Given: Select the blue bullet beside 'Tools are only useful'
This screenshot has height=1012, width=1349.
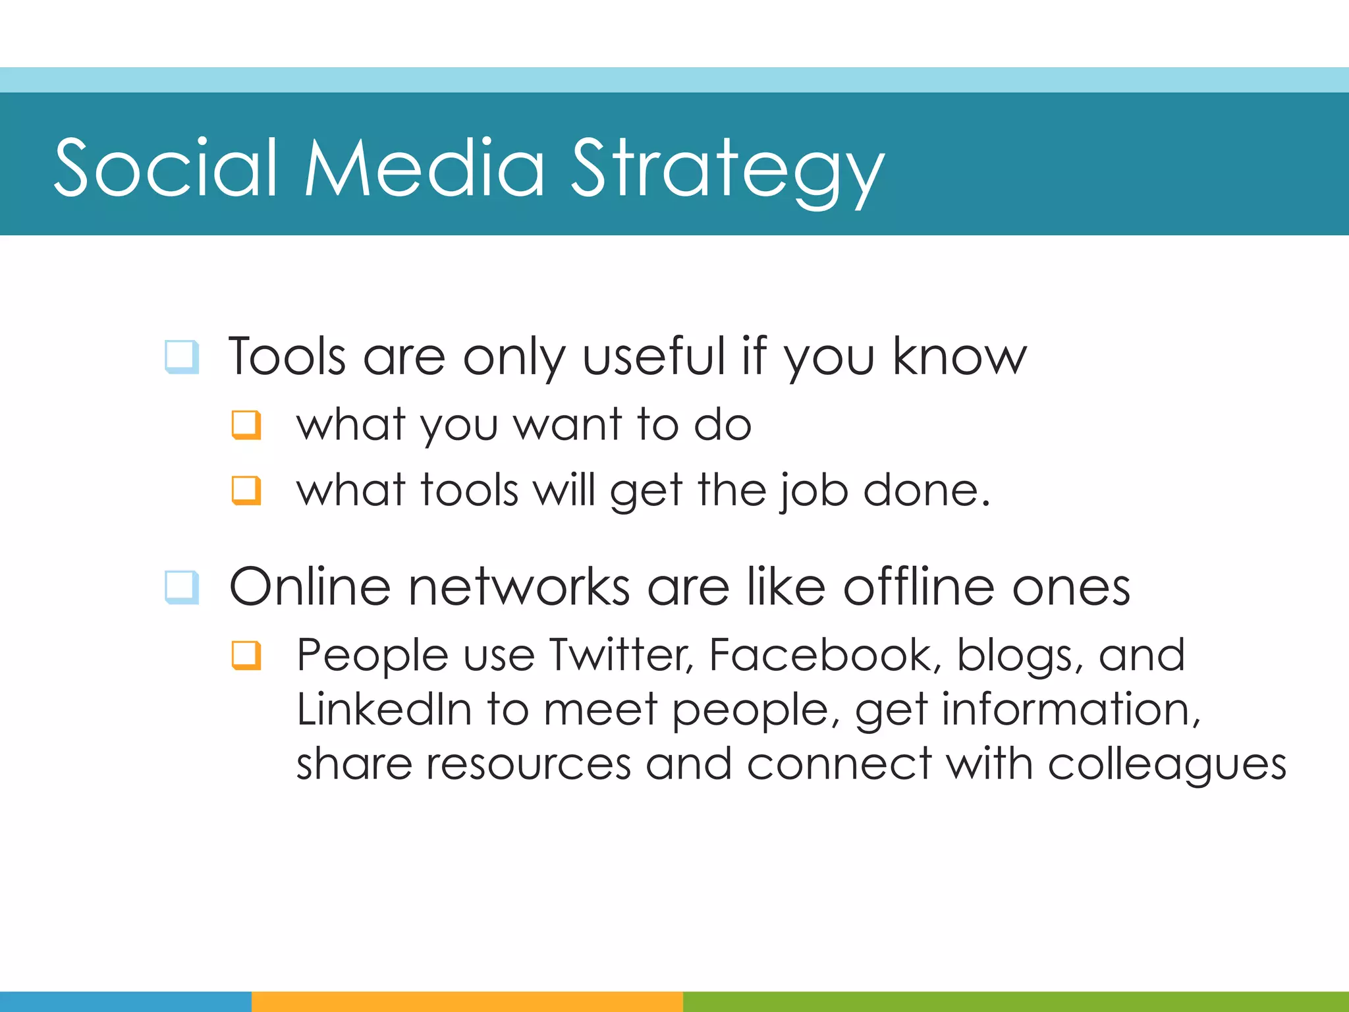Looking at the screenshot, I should click(x=181, y=356).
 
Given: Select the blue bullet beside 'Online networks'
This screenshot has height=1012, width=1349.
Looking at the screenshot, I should click(x=181, y=586).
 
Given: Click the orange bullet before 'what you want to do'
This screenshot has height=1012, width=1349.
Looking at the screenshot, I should click(x=246, y=425).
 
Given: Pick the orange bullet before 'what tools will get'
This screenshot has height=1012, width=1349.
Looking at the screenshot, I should click(x=246, y=490).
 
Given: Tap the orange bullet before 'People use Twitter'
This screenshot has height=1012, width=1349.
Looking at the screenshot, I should click(x=246, y=655).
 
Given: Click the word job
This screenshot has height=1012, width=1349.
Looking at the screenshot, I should click(x=814, y=492).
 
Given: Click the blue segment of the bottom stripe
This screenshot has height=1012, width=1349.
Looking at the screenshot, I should click(x=125, y=1001).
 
